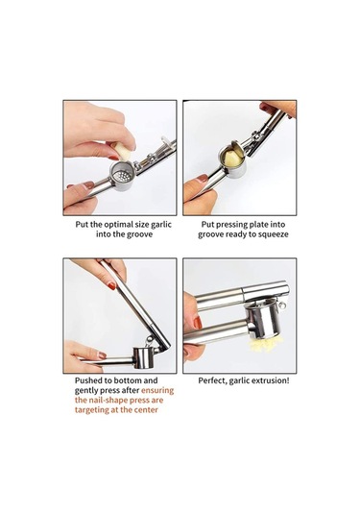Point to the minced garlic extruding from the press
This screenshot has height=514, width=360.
tap(266, 345)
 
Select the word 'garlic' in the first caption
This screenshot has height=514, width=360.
tap(161, 225)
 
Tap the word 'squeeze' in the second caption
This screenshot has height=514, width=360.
tap(273, 234)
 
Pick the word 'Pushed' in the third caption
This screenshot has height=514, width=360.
tap(87, 380)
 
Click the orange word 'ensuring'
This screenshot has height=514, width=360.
tap(157, 390)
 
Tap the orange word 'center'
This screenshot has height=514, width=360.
tap(145, 409)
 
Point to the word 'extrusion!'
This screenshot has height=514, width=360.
tap(270, 380)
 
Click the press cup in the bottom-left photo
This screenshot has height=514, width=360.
tap(143, 357)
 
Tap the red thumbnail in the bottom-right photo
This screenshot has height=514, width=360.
tap(198, 323)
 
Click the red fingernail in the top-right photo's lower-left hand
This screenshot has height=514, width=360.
tap(203, 179)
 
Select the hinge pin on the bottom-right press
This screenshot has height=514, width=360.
tap(282, 306)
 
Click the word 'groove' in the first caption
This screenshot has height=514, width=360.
tap(140, 234)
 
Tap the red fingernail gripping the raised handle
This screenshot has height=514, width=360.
tap(112, 286)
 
